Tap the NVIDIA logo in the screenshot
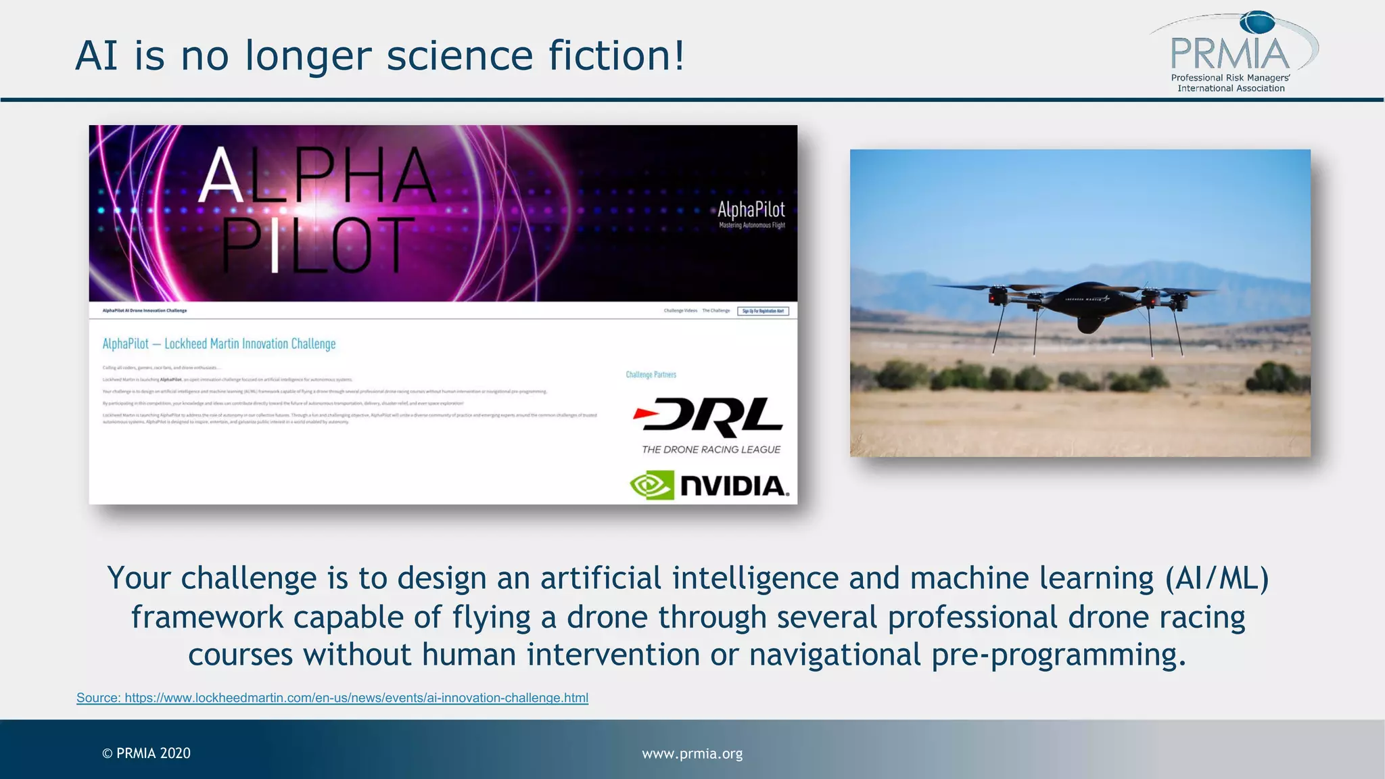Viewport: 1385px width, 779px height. coord(709,486)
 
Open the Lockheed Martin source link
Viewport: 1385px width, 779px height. coord(332,698)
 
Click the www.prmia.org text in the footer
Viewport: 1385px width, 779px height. coord(692,753)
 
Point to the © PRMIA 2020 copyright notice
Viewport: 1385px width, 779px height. coord(146,753)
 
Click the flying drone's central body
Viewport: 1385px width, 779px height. coord(1087,303)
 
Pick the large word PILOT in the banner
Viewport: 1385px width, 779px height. coord(318,245)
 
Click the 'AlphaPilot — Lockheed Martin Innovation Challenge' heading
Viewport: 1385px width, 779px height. coord(219,344)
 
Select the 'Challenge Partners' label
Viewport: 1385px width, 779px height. coord(651,375)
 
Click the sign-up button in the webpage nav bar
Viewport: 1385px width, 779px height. coord(763,311)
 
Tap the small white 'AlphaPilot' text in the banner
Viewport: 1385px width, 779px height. coord(751,210)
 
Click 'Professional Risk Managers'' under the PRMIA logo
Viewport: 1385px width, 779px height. coord(1230,78)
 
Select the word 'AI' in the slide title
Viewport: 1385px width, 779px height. coord(97,55)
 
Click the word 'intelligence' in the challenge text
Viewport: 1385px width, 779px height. coord(755,579)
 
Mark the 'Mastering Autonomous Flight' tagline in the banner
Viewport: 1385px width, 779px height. coord(751,225)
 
